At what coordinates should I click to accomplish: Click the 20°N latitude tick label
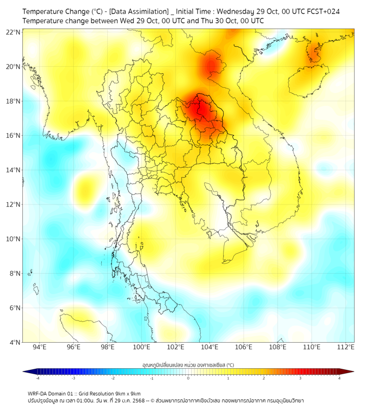[x=14, y=67]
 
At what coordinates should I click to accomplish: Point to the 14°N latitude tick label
[x=14, y=170]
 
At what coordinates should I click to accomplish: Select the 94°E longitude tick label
[x=40, y=348]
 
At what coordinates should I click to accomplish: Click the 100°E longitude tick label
[x=141, y=348]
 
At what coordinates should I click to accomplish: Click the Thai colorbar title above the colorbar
[x=188, y=364]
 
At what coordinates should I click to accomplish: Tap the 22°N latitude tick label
[x=14, y=32]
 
